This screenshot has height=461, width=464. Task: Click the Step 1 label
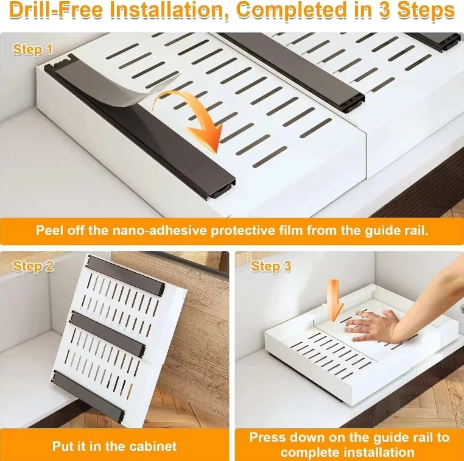pyautogui.click(x=32, y=49)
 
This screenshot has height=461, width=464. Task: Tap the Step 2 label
pyautogui.click(x=33, y=266)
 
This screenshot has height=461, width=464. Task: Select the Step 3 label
pyautogui.click(x=271, y=266)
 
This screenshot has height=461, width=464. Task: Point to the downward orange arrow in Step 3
pyautogui.click(x=334, y=300)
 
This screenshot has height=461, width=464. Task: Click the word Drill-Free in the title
pyautogui.click(x=56, y=10)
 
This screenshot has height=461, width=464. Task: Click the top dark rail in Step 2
pyautogui.click(x=126, y=275)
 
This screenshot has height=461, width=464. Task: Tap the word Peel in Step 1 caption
pyautogui.click(x=49, y=230)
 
